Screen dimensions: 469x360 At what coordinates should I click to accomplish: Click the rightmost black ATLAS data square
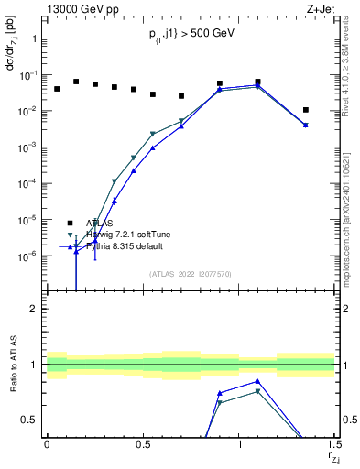pos(306,110)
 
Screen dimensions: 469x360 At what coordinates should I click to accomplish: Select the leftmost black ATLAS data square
pos(57,89)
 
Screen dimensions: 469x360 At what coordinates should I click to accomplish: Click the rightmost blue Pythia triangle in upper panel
pos(306,125)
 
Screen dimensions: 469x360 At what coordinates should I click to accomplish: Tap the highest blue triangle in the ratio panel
pos(258,382)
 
